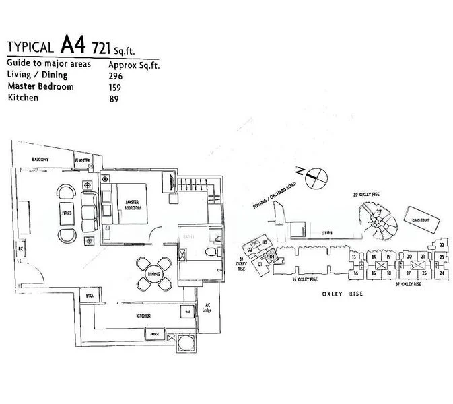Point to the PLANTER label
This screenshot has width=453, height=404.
point(83,160)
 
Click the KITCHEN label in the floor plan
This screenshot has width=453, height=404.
point(142,316)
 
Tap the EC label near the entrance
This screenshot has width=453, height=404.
point(21,248)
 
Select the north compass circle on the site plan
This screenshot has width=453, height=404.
point(316,178)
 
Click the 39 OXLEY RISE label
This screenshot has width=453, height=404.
point(374,195)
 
